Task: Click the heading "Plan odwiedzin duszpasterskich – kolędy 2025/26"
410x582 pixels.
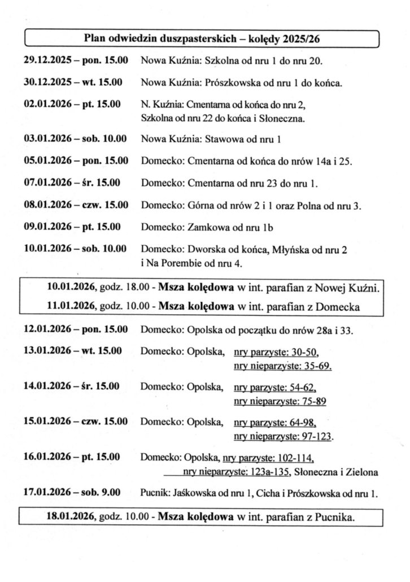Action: (x=203, y=38)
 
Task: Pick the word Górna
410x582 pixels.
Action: (x=200, y=205)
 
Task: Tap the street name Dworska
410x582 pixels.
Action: (x=204, y=249)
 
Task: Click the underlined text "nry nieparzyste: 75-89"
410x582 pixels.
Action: (x=280, y=402)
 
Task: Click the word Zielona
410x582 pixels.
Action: (x=362, y=471)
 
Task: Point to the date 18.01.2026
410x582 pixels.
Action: (x=71, y=516)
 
